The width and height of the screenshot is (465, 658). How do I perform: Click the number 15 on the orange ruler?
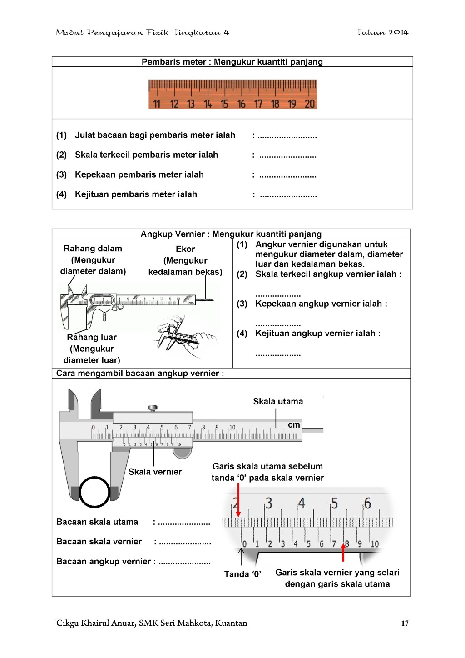[x=224, y=104]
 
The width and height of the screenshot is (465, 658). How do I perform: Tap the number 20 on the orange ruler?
[x=309, y=104]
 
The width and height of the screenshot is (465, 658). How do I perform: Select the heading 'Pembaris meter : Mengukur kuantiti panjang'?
[x=232, y=62]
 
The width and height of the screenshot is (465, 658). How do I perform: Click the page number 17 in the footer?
[x=405, y=623]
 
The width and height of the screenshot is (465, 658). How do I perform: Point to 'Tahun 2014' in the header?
[x=381, y=32]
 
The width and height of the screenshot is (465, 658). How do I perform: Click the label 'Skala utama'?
[x=278, y=401]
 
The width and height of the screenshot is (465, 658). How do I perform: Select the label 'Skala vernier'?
[x=155, y=472]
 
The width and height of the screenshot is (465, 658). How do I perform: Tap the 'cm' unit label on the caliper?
[x=294, y=425]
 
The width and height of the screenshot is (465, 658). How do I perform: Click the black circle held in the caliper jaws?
[x=94, y=492]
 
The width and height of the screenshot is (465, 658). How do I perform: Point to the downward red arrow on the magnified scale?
[x=238, y=500]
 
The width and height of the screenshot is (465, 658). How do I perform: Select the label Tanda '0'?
[x=242, y=574]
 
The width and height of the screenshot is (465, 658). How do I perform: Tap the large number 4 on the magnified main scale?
[x=301, y=503]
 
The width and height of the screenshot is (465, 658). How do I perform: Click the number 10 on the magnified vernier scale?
[x=375, y=544]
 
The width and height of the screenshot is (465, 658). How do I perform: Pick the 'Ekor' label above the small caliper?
[x=185, y=249]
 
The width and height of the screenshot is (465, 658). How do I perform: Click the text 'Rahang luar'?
[x=92, y=337]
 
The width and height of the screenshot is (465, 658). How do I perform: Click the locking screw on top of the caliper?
[x=153, y=408]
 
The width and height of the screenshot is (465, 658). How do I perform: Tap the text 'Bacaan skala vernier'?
[x=99, y=542]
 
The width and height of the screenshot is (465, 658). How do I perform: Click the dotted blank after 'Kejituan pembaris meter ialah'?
[x=288, y=195]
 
